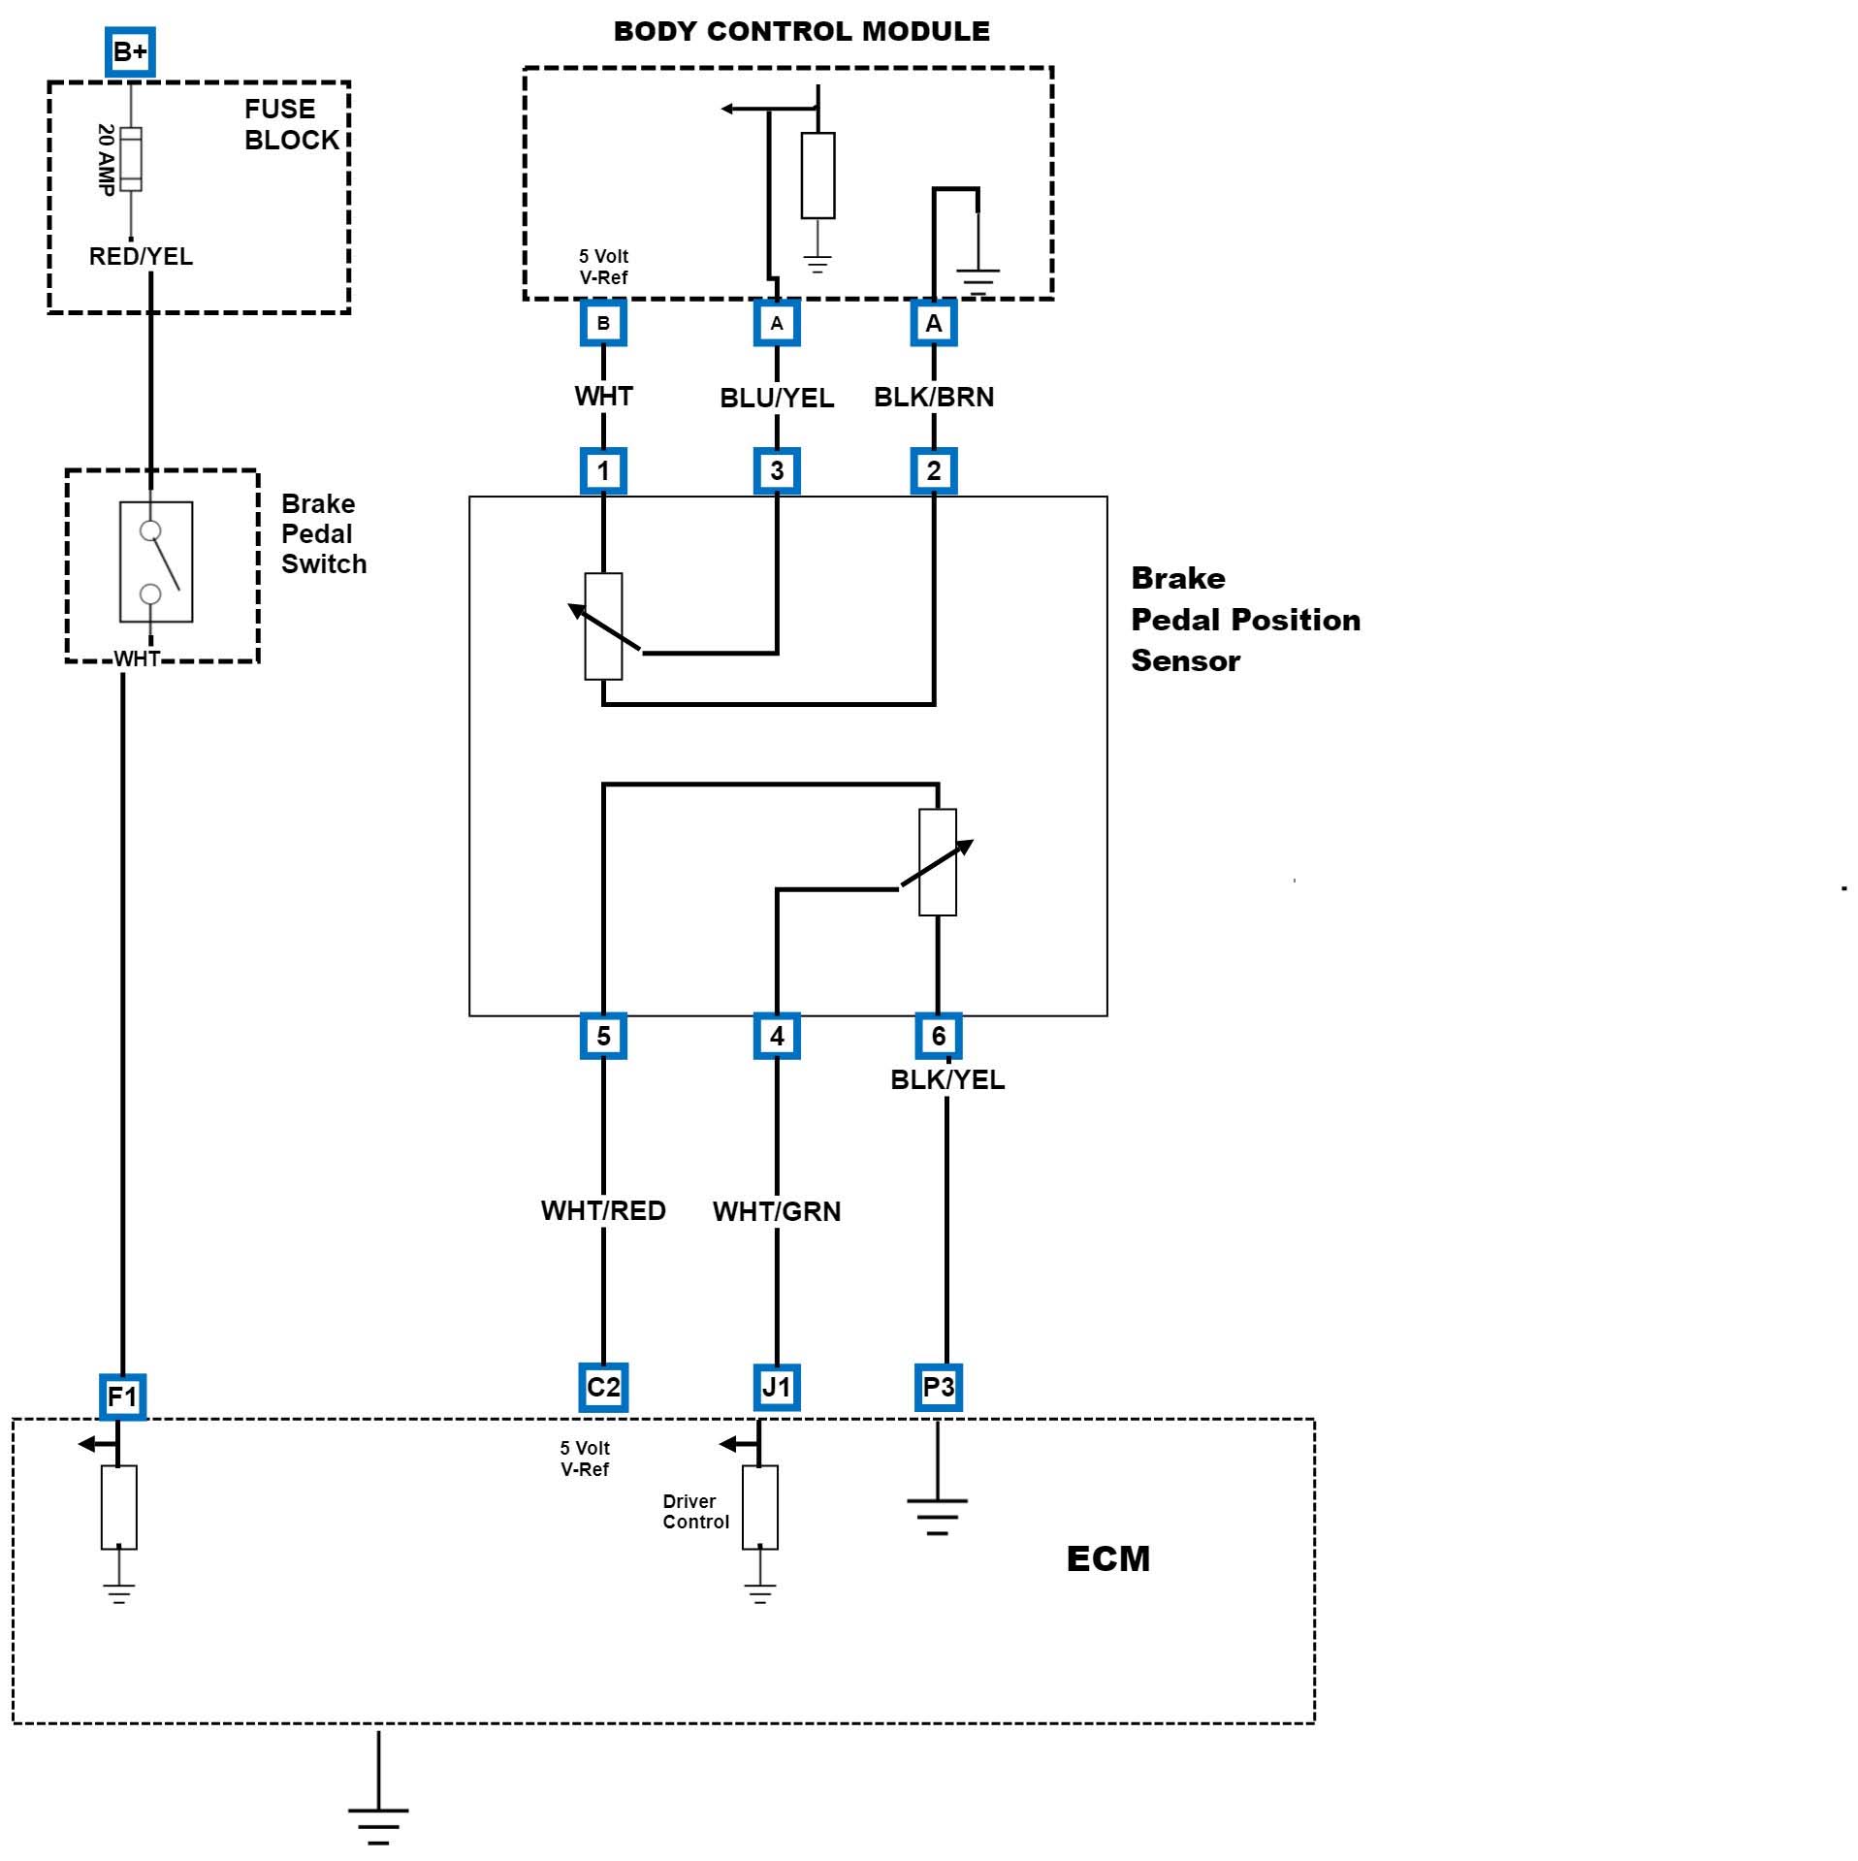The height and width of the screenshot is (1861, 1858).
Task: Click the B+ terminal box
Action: (130, 51)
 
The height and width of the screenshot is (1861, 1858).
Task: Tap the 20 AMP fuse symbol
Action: (131, 159)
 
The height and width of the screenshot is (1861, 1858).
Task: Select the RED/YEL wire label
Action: (141, 256)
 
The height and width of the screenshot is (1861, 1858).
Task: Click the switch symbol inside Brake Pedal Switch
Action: (156, 562)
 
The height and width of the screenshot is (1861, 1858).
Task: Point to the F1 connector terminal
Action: (122, 1396)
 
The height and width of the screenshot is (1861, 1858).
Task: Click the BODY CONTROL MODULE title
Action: (802, 31)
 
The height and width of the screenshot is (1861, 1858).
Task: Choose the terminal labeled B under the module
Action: (603, 323)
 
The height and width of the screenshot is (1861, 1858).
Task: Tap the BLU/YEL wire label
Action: (777, 398)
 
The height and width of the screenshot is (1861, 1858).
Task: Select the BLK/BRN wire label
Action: (934, 397)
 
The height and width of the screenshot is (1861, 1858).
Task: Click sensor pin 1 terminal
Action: (603, 471)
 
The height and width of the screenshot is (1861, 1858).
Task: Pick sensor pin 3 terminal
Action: (777, 471)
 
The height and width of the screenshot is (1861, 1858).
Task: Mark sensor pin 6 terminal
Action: (938, 1036)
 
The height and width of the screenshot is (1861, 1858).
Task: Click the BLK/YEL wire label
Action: (947, 1079)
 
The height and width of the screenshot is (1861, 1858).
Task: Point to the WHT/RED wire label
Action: (603, 1210)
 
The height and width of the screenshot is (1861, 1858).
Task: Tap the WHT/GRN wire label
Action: (777, 1211)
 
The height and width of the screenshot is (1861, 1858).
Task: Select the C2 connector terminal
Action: (603, 1387)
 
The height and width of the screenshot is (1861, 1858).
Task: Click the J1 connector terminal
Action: (777, 1387)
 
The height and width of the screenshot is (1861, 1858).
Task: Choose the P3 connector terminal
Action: (938, 1387)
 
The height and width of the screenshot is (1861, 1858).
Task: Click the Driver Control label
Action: (695, 1512)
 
